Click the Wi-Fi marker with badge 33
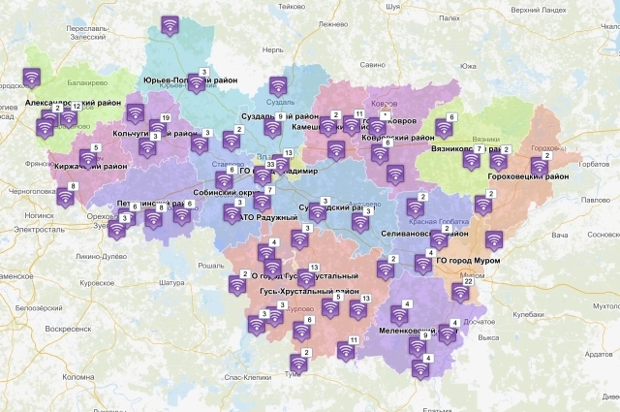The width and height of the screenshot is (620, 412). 260,177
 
